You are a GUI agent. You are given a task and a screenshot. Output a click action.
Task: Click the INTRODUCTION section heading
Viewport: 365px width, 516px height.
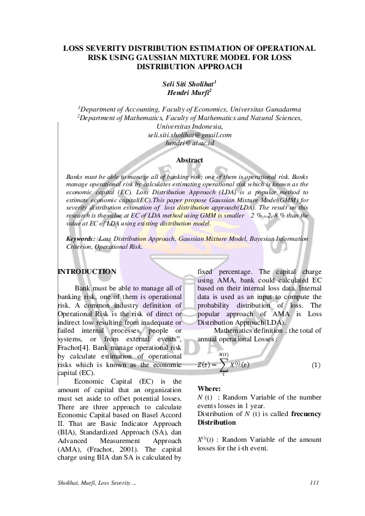pos(86,271)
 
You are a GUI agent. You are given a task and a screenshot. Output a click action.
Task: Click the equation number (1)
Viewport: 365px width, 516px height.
pos(316,365)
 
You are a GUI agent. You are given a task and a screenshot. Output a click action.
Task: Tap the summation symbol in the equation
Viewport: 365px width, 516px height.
pos(222,365)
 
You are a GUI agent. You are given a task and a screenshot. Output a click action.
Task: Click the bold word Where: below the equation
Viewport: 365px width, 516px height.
pos(210,389)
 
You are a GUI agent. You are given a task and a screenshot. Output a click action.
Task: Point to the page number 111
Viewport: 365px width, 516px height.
pos(315,484)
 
